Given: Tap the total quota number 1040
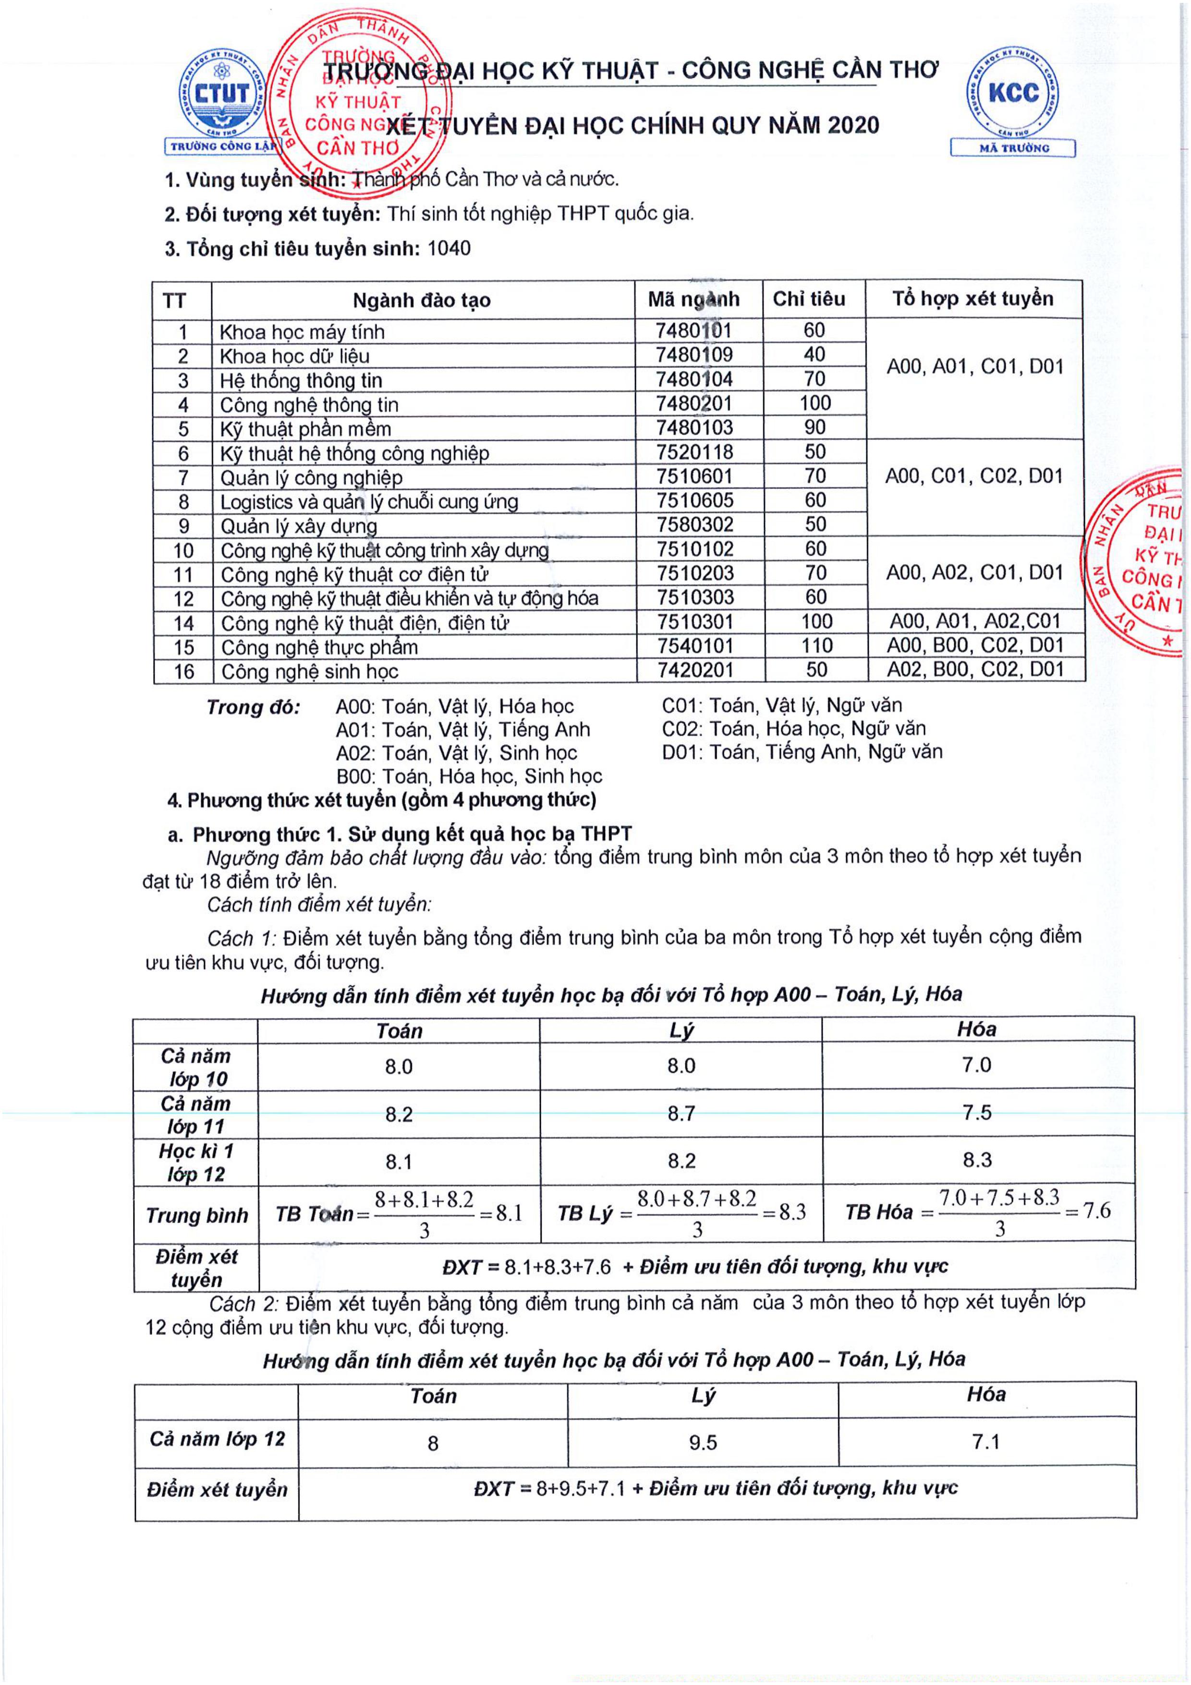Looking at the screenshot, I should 449,249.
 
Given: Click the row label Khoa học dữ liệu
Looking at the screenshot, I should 295,356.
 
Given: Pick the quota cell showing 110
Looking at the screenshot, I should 816,646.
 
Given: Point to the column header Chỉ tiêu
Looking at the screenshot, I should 809,299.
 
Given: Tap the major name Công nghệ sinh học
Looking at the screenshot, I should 310,671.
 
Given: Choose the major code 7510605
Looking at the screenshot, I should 694,500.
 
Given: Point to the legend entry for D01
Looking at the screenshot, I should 802,752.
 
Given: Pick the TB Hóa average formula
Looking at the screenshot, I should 977,1213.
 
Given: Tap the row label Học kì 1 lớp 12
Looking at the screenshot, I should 196,1163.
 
